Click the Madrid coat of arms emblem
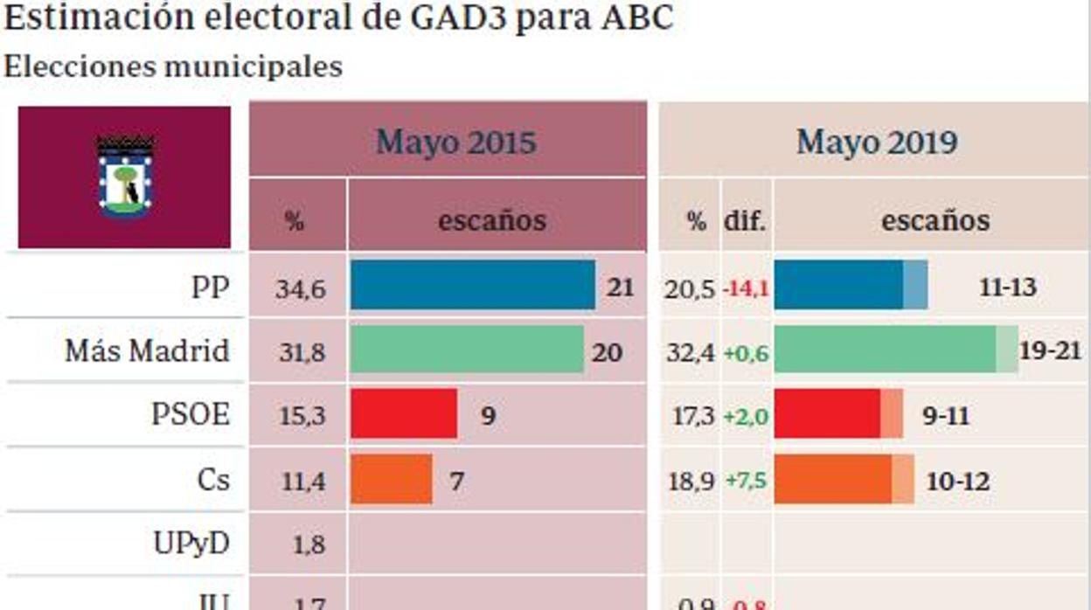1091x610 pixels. [x=125, y=177]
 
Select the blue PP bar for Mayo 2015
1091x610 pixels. [x=472, y=285]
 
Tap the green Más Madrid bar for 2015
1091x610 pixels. [x=467, y=350]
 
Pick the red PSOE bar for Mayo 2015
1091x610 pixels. [x=403, y=414]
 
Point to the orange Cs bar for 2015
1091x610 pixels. [x=391, y=479]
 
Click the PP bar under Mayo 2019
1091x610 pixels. [x=850, y=285]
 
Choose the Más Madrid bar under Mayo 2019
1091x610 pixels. [x=895, y=350]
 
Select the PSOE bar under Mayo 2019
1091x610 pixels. [x=837, y=414]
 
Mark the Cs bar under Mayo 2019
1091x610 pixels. [x=843, y=479]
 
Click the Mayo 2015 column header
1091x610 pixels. [x=455, y=142]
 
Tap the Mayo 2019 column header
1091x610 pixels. [x=876, y=142]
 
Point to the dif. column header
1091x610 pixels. [x=745, y=221]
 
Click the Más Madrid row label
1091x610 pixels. [x=147, y=350]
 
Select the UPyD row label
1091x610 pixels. [x=191, y=544]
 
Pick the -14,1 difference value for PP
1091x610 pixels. [x=746, y=288]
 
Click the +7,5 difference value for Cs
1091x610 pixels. [x=746, y=482]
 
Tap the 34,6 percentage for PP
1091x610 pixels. [x=300, y=288]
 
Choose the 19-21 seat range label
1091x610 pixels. [x=1050, y=351]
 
